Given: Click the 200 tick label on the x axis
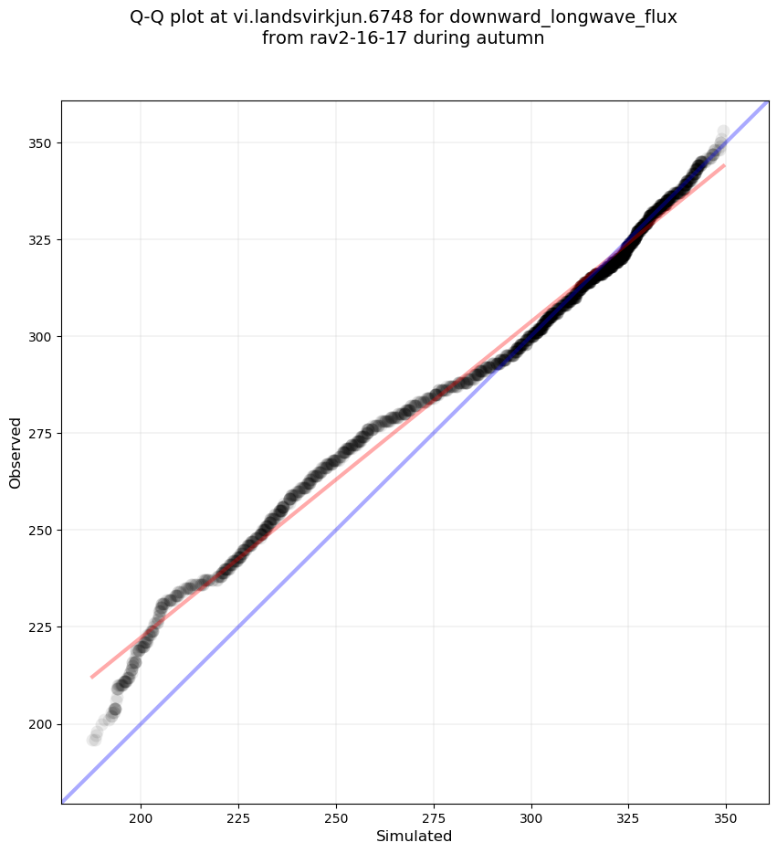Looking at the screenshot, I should pyautogui.click(x=141, y=818).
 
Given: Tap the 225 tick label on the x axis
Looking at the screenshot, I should pyautogui.click(x=238, y=818).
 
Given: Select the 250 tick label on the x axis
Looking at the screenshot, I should pyautogui.click(x=336, y=818).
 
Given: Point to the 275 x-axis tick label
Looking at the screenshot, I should pyautogui.click(x=434, y=818).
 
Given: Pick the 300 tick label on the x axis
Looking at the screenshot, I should pyautogui.click(x=531, y=818).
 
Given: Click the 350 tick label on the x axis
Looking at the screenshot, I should pyautogui.click(x=726, y=818).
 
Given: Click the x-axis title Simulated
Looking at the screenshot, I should pyautogui.click(x=415, y=837).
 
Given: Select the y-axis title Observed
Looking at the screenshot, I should pyautogui.click(x=16, y=452).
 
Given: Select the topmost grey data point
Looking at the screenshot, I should pyautogui.click(x=723, y=132).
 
